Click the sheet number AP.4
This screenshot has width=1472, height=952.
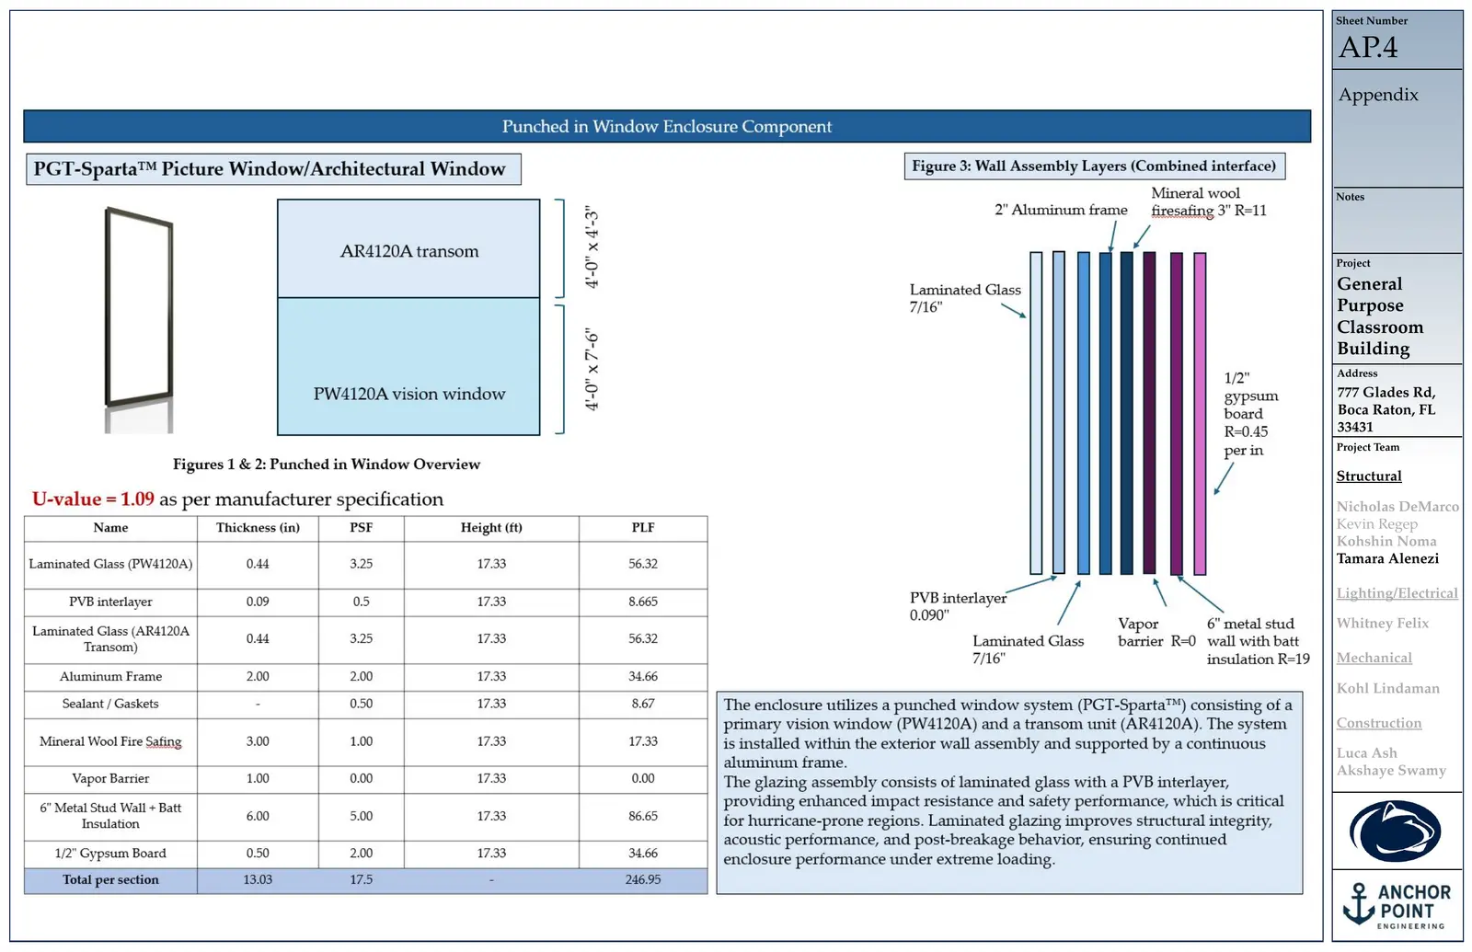(x=1368, y=47)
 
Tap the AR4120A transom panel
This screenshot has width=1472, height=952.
(x=408, y=248)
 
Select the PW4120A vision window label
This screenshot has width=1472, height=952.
(x=408, y=394)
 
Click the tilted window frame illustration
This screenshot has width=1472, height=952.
(x=139, y=307)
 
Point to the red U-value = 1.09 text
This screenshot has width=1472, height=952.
(x=93, y=499)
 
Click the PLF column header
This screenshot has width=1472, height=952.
(x=643, y=528)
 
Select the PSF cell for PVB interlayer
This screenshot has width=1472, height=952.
(x=361, y=602)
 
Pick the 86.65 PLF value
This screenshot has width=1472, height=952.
(x=643, y=816)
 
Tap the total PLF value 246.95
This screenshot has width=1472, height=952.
(x=643, y=879)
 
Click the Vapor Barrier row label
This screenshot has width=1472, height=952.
(x=110, y=778)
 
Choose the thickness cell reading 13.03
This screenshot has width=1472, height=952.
(x=258, y=879)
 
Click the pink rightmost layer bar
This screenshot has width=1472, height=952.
(x=1200, y=414)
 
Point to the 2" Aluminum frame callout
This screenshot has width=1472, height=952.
(x=1061, y=211)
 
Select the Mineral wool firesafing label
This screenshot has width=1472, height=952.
(x=1209, y=201)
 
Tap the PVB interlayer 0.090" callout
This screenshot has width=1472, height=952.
(x=958, y=606)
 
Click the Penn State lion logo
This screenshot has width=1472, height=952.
(x=1395, y=832)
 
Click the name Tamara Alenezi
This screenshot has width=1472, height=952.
(x=1387, y=559)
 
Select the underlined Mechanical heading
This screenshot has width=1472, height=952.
(x=1374, y=659)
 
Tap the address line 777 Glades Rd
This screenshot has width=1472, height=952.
(x=1386, y=392)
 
